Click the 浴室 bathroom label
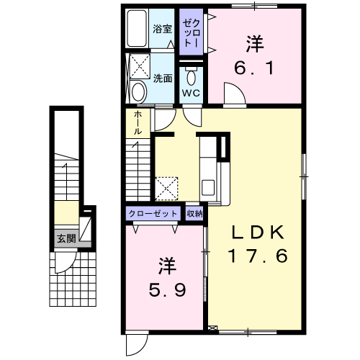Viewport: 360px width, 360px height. [x=163, y=29]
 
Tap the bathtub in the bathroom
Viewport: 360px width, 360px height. [x=137, y=28]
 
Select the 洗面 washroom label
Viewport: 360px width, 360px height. [x=163, y=78]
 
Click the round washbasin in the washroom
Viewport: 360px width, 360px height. [x=139, y=91]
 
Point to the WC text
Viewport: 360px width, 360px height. [x=191, y=93]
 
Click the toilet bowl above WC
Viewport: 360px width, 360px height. [x=191, y=77]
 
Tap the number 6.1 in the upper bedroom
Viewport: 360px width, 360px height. [x=253, y=68]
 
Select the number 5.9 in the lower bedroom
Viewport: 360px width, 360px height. [x=167, y=290]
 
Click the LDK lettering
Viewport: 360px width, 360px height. [x=258, y=233]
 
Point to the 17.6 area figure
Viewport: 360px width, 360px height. [x=258, y=256]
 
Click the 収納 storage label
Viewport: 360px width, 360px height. [x=195, y=213]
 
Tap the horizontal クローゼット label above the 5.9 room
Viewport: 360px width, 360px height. [x=153, y=213]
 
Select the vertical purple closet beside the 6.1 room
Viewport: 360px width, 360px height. [x=192, y=32]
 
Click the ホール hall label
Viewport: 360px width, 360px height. [x=138, y=123]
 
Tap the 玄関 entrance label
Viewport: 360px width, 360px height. [x=66, y=239]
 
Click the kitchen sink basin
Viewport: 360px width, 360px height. [x=208, y=187]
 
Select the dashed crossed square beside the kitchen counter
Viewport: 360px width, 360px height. [x=166, y=189]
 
